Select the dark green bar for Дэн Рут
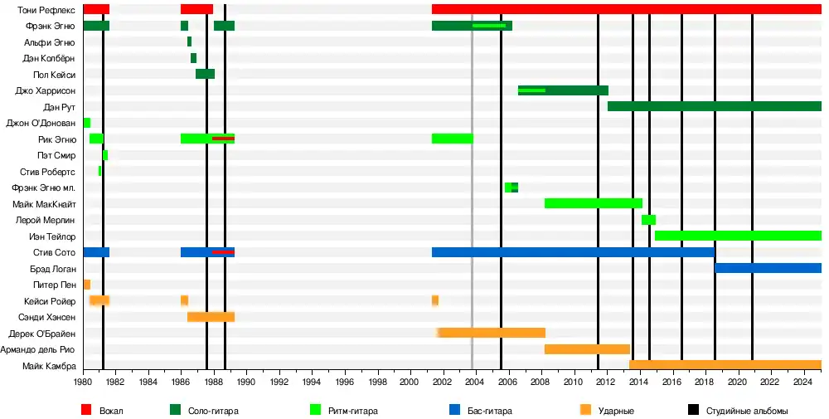714,106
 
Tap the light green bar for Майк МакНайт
593,203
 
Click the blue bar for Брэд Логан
768,268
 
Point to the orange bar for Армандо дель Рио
587,349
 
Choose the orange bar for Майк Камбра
725,365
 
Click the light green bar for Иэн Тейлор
738,236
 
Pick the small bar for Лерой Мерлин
648,220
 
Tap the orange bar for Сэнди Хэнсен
211,317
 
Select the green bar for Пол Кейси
205,74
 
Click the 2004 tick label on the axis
474,382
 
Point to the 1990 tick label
246,382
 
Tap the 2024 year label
802,382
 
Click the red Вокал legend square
86,410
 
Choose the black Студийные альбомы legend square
693,410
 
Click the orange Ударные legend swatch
586,410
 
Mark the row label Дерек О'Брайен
42,334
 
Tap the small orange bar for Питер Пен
86,285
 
